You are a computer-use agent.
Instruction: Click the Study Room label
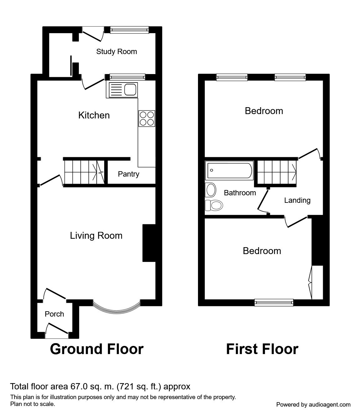tap(116, 52)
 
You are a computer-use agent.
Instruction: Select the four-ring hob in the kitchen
tap(147, 119)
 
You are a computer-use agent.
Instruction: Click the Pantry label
tap(128, 174)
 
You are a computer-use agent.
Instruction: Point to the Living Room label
tap(96, 235)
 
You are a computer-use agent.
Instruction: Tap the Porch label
tap(54, 314)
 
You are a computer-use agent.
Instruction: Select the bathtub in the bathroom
tap(229, 171)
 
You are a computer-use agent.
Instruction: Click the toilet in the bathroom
tap(214, 205)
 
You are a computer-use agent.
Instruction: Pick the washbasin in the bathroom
tap(211, 190)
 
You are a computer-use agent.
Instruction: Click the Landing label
tap(297, 200)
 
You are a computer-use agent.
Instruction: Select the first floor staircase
tap(277, 172)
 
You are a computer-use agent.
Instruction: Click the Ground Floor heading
tap(97, 349)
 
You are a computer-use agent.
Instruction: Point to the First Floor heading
tap(262, 349)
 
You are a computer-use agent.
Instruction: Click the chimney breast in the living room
tap(149, 242)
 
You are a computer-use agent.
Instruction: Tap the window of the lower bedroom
tap(274, 302)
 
